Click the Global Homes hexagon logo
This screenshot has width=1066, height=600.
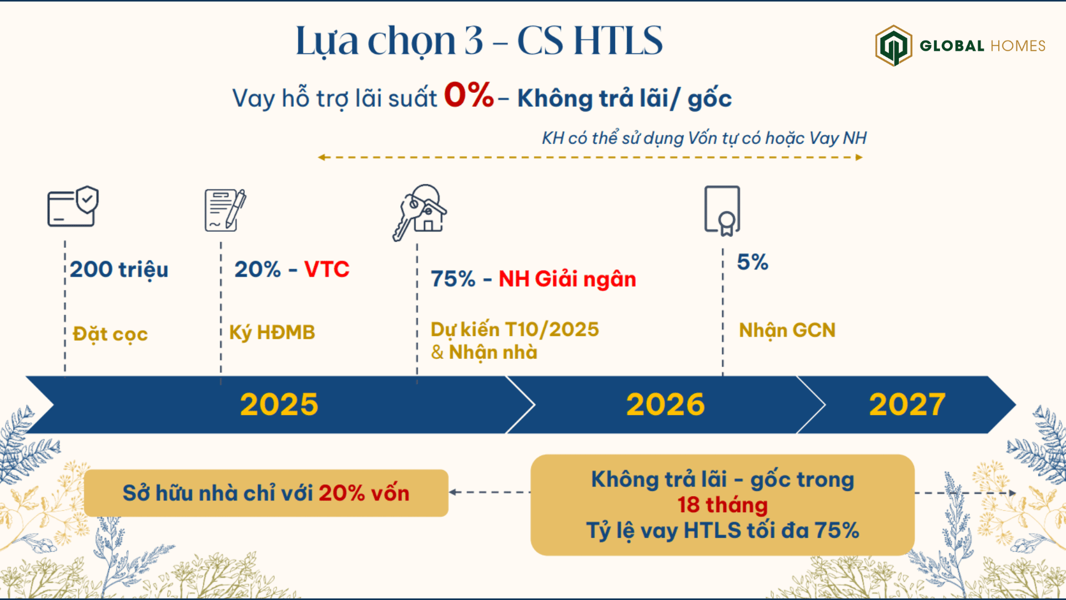click(893, 46)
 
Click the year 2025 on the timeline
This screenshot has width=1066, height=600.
click(279, 404)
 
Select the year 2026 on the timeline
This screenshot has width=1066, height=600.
click(665, 404)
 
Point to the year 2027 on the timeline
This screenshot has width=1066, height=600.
click(907, 404)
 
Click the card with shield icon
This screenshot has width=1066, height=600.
click(73, 206)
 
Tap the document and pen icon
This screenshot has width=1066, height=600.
click(225, 210)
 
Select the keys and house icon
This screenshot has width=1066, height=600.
click(420, 212)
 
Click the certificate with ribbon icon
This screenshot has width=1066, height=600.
click(722, 211)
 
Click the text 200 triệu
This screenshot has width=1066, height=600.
click(119, 269)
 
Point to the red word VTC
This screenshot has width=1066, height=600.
click(326, 269)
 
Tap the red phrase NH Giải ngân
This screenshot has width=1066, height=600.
click(567, 279)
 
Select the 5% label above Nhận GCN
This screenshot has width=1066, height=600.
click(752, 262)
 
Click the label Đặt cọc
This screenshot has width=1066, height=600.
click(110, 334)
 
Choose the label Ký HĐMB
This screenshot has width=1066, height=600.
click(272, 332)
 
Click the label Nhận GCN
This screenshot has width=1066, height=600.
click(787, 331)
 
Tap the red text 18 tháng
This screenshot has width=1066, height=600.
click(722, 505)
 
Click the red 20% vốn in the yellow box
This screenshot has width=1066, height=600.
click(364, 493)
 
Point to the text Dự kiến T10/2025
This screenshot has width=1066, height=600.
click(515, 329)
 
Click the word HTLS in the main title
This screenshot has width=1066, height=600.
click(618, 41)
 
